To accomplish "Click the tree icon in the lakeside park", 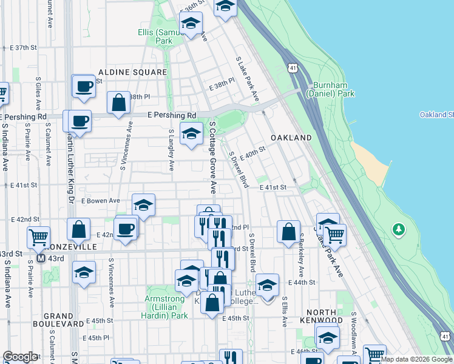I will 399,230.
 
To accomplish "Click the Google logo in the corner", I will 20,357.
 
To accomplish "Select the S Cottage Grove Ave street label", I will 213,154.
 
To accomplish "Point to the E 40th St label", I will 253,153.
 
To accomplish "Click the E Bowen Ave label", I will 100,200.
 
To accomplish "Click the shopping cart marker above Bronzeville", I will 39,237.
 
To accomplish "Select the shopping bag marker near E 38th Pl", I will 119,103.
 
